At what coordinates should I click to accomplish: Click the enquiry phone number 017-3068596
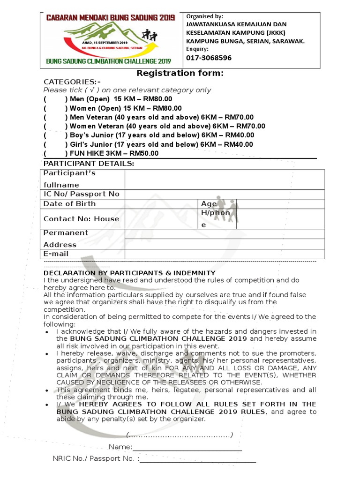209,58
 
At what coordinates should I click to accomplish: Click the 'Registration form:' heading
180,73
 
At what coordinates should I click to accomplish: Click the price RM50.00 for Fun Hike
144,153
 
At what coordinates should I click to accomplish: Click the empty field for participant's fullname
224,180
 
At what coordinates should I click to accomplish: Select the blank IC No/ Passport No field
224,194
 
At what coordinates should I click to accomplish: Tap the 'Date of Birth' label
69,204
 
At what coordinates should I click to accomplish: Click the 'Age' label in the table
209,204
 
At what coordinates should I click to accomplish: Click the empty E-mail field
224,254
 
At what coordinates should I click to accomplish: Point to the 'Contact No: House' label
81,219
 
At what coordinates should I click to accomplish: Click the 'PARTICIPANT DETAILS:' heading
89,164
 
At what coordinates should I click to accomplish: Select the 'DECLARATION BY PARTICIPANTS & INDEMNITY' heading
129,273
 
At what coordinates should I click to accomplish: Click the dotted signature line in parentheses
180,435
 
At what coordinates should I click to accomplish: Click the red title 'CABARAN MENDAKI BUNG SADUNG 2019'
110,18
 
